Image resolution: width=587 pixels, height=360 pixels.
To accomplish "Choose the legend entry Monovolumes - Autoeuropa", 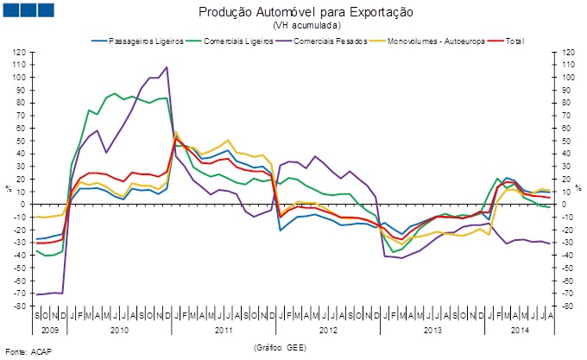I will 435,41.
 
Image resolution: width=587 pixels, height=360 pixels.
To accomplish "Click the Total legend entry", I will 513,41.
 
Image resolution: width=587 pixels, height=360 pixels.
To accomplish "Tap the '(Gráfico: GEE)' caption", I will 281,346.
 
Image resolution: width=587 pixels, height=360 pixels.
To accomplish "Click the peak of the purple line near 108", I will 167,67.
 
